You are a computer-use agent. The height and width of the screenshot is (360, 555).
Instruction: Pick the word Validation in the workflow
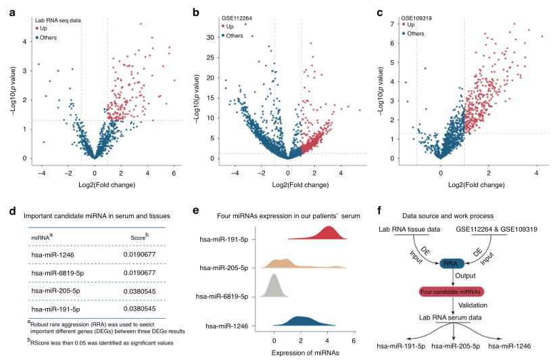coord(473,305)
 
